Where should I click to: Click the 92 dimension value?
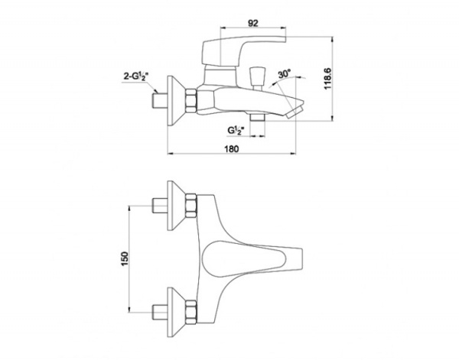point(253,23)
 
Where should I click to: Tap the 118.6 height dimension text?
point(327,79)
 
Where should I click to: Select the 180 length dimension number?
point(232,149)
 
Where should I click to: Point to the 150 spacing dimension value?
point(125,259)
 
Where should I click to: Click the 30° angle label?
point(285,73)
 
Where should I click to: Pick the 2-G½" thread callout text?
point(136,77)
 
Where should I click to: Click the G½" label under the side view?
point(236,130)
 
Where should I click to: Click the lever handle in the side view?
point(243,50)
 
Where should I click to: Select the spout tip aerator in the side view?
point(295,112)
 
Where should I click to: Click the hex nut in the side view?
point(190,101)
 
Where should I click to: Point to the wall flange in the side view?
point(176,101)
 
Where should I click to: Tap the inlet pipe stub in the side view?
point(160,101)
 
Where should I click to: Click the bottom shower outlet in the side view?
point(257,117)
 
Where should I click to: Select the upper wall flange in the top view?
point(176,206)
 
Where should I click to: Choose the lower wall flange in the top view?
point(176,312)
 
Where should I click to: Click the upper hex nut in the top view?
point(190,206)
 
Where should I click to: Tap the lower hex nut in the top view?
point(190,312)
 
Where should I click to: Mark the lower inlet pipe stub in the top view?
point(160,313)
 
